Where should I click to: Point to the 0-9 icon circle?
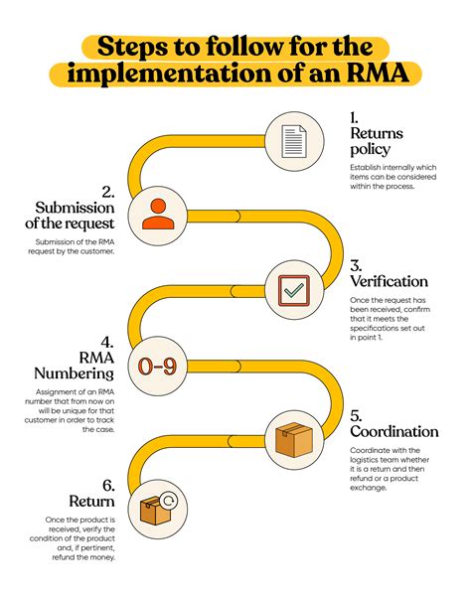click(x=157, y=368)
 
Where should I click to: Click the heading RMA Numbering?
click(x=80, y=364)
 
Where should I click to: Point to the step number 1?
click(x=355, y=116)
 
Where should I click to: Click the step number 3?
click(x=357, y=265)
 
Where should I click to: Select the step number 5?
click(x=357, y=415)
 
